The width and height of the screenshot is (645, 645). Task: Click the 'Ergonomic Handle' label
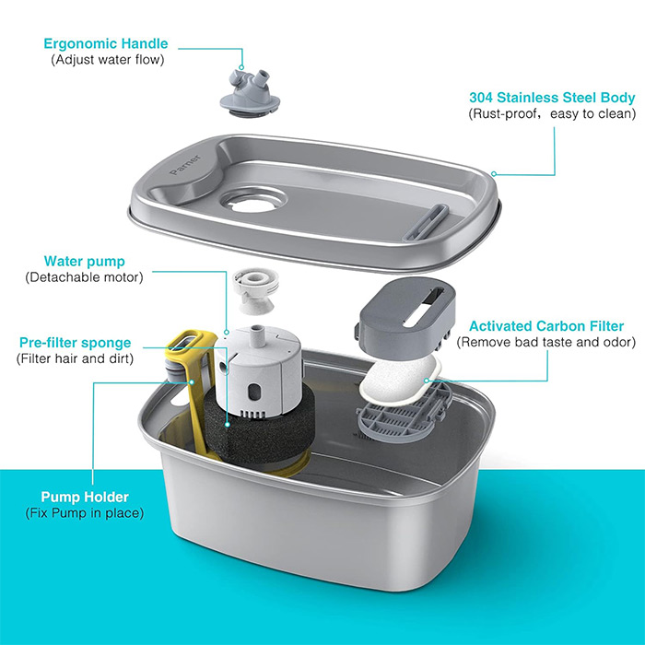tap(106, 43)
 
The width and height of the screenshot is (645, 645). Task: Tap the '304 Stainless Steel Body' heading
tap(552, 98)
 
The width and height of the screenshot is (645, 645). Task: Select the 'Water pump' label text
tap(85, 261)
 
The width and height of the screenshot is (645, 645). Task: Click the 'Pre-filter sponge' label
tap(75, 343)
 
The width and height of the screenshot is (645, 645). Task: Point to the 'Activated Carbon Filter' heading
tap(546, 326)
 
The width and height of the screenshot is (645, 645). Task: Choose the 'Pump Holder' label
tap(85, 497)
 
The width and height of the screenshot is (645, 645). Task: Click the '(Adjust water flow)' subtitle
tap(108, 60)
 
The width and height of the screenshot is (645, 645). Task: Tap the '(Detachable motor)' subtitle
tap(85, 277)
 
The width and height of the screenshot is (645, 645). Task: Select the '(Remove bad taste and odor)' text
tap(545, 342)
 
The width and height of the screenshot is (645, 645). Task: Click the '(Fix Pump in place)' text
tap(85, 513)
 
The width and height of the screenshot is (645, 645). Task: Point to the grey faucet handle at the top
tap(250, 93)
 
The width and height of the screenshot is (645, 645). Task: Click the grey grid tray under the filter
tap(404, 415)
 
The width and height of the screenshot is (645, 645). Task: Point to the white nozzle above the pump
tap(255, 290)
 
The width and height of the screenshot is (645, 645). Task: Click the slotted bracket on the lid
tap(426, 223)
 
